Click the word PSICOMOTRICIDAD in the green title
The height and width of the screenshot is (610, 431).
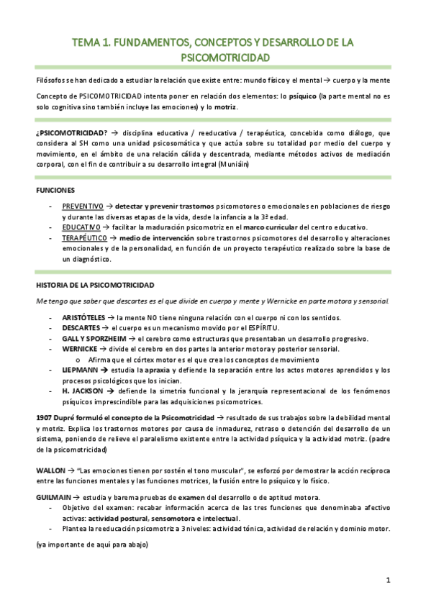216,57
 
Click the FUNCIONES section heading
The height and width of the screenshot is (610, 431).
55,190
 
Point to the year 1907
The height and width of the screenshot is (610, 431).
45,417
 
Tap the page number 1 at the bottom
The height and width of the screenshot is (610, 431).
387,580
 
